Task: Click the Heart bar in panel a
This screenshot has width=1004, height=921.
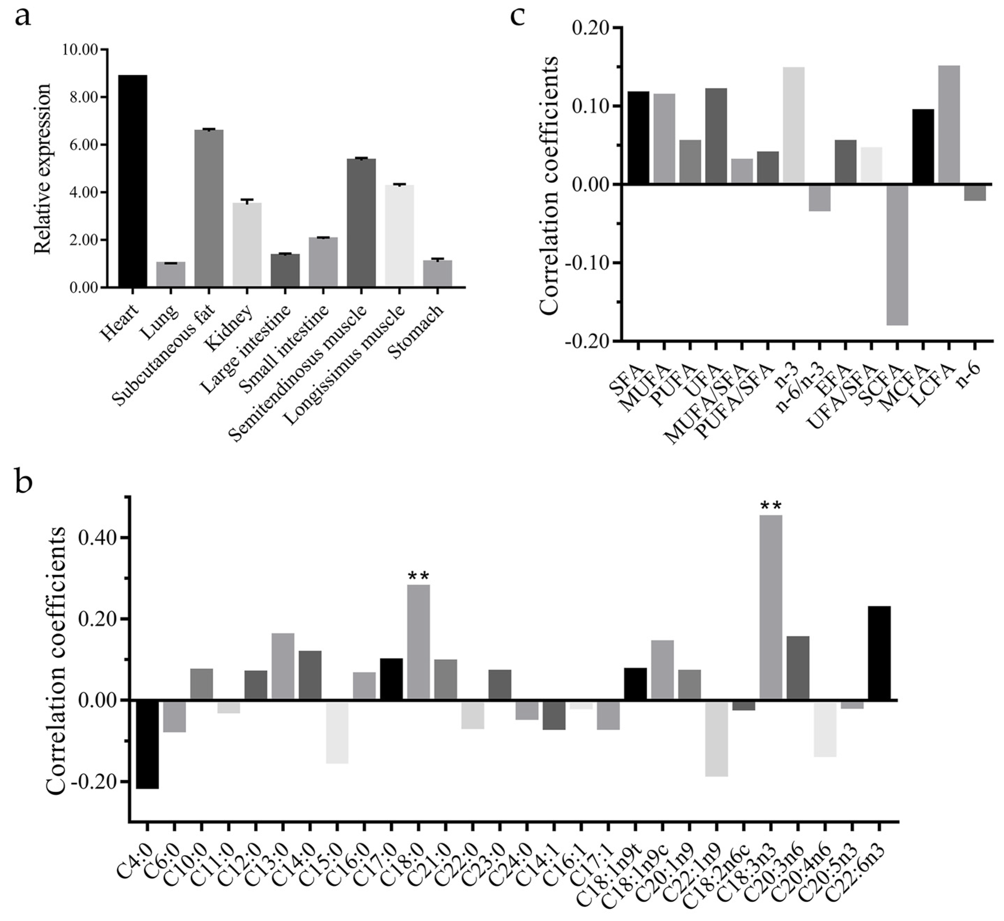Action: (132, 181)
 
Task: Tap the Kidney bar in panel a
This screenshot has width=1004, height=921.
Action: (247, 245)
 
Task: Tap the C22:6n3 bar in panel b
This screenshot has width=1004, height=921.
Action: (879, 653)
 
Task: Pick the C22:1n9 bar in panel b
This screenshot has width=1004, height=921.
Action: (717, 738)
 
